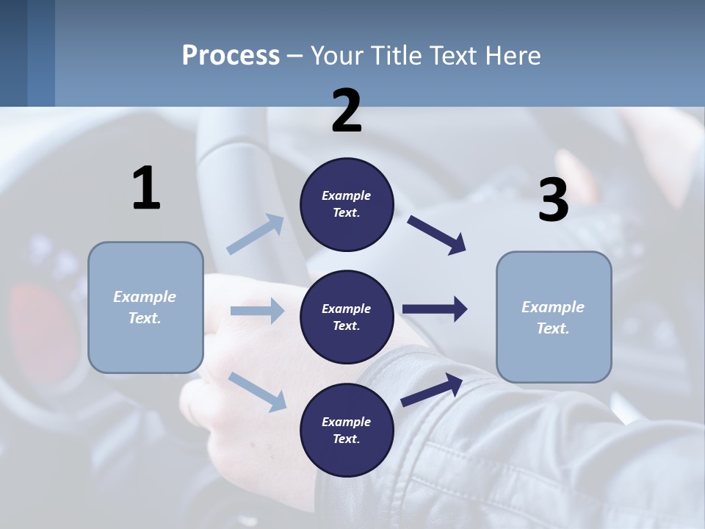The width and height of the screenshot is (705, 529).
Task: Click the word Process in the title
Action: click(231, 56)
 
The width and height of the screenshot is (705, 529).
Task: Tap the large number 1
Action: click(146, 188)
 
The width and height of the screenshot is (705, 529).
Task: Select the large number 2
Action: click(347, 111)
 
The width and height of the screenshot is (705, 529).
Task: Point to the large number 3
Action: click(553, 200)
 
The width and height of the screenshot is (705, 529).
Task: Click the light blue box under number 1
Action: click(145, 307)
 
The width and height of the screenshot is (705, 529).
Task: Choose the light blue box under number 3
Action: click(554, 317)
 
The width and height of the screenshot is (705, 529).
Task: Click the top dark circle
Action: click(347, 204)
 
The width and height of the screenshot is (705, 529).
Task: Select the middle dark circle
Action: click(347, 317)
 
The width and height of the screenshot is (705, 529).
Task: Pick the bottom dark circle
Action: click(347, 430)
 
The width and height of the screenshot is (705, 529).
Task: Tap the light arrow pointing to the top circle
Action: click(255, 234)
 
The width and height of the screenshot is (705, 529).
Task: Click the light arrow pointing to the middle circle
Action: click(257, 311)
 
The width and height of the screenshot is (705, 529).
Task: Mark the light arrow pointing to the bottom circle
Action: click(257, 392)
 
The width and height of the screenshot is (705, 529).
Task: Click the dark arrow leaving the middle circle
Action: click(435, 309)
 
